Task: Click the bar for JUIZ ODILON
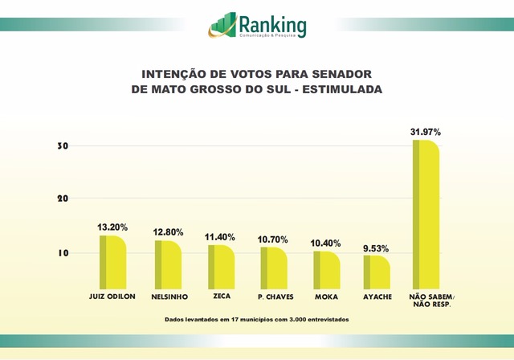pyautogui.click(x=113, y=263)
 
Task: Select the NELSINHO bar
pyautogui.click(x=168, y=265)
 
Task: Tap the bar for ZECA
pyautogui.click(x=221, y=267)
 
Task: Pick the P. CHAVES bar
pyautogui.click(x=273, y=268)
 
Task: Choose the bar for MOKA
pyautogui.click(x=326, y=270)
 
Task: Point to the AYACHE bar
pyautogui.click(x=377, y=272)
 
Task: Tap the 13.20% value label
pyautogui.click(x=112, y=227)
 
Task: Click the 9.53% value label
pyautogui.click(x=377, y=247)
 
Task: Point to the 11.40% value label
pyautogui.click(x=221, y=237)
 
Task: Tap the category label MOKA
pyautogui.click(x=325, y=297)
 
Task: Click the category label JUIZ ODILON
pyautogui.click(x=112, y=297)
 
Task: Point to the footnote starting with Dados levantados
pyautogui.click(x=257, y=320)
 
